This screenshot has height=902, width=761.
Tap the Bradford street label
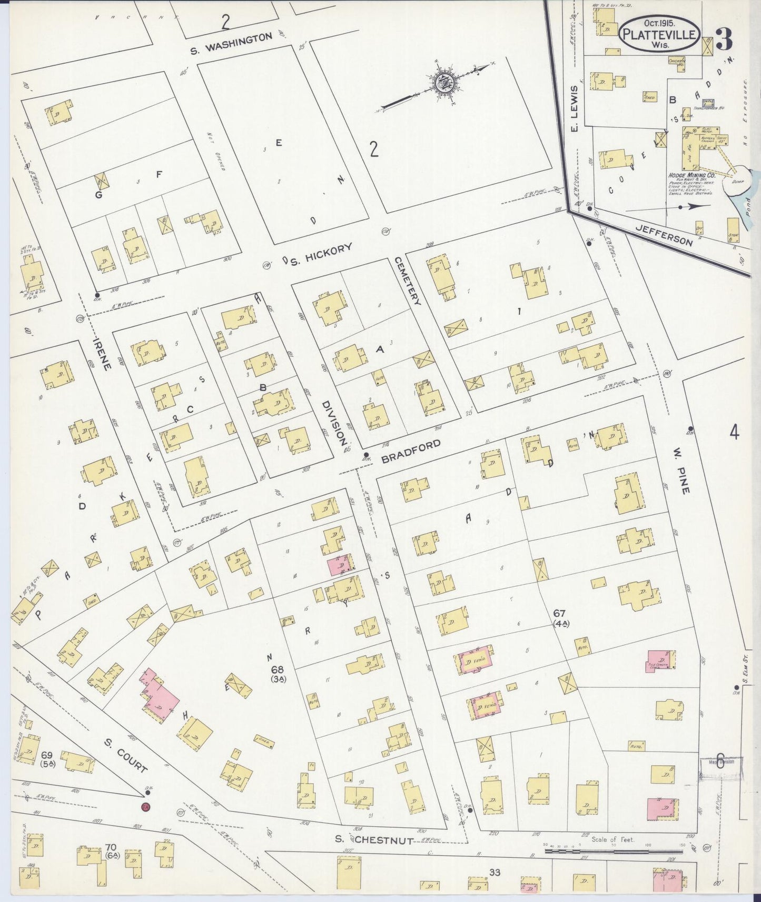[x=410, y=452]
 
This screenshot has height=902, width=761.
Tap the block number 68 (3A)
[x=278, y=674]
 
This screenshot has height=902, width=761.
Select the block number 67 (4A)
[x=559, y=618]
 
